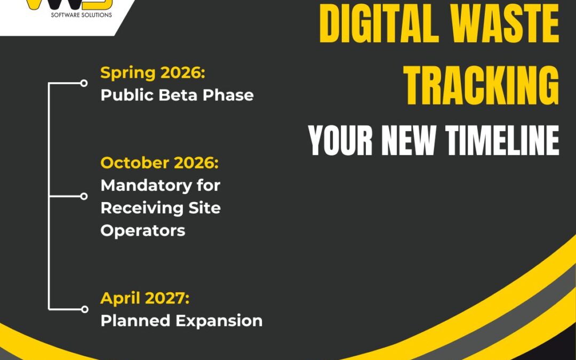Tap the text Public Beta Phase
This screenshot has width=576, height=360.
click(177, 95)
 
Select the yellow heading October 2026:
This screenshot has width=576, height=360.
click(159, 163)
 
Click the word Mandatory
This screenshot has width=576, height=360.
click(160, 185)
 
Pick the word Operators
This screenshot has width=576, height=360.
click(143, 230)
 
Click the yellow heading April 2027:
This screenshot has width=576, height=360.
click(145, 298)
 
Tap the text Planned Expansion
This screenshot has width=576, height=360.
click(181, 321)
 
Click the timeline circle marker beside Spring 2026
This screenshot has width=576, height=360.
click(84, 83)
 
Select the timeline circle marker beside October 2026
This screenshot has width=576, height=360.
click(84, 196)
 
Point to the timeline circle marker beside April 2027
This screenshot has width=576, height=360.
click(84, 309)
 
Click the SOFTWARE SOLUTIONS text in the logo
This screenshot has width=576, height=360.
click(81, 15)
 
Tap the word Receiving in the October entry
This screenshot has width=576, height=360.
click(142, 207)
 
